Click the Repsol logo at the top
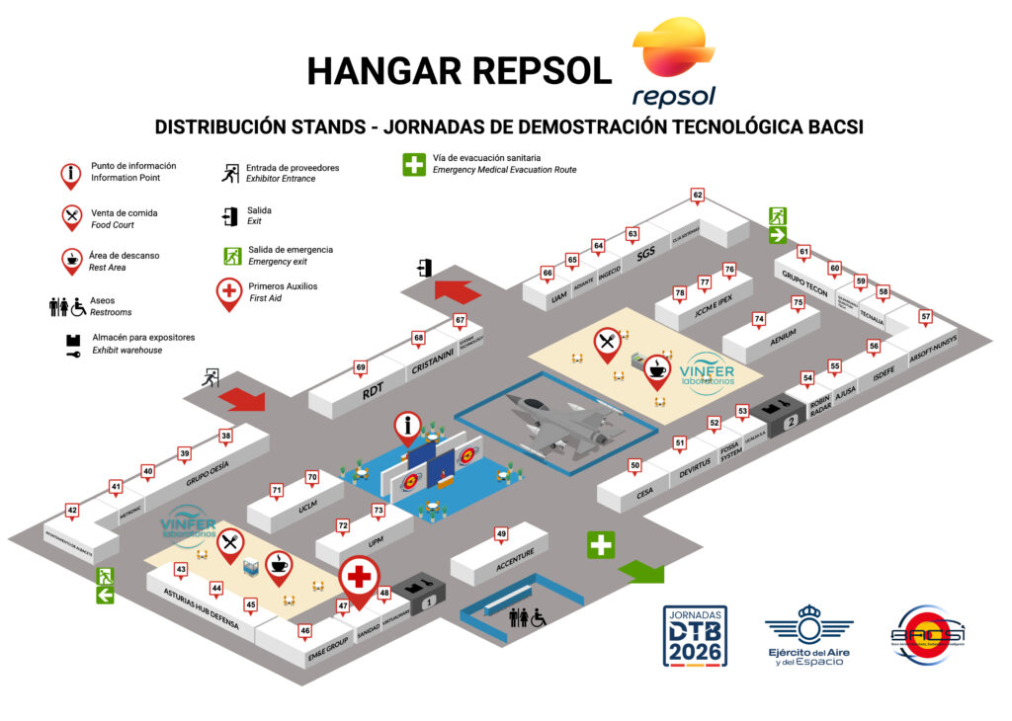[673, 61]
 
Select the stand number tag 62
[698, 196]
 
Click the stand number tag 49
[501, 534]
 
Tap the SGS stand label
[646, 253]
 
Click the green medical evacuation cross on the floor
[600, 544]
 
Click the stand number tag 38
[226, 436]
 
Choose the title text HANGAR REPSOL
[460, 70]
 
